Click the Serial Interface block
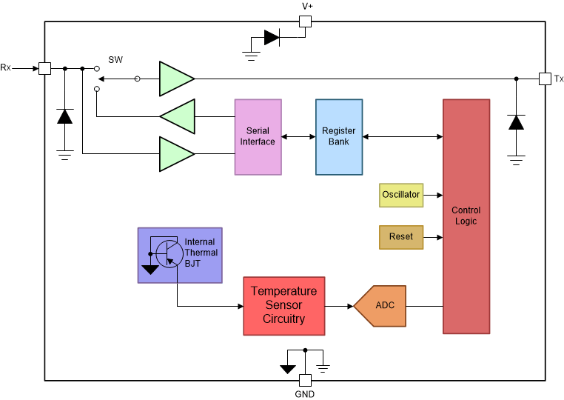258,137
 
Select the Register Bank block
339,137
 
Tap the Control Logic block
466,216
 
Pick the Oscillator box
400,195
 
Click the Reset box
400,237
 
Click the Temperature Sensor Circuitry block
283,305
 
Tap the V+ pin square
305,21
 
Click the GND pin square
305,380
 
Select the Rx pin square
44,68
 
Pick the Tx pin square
545,79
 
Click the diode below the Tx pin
516,122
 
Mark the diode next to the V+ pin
272,37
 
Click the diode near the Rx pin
65,116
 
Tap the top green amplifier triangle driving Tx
176,79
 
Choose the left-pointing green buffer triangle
178,116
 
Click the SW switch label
115,59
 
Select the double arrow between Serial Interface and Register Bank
298,137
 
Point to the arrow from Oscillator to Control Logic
432,195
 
